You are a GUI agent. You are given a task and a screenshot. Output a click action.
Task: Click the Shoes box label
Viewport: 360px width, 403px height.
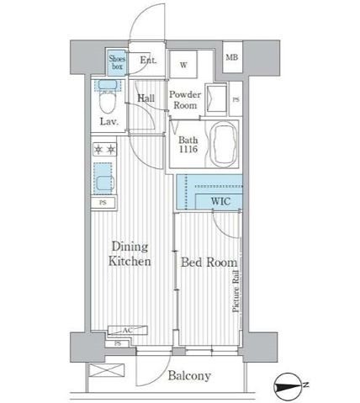point(117,62)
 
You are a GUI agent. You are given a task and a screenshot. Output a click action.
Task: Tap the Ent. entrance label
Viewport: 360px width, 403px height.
point(148,60)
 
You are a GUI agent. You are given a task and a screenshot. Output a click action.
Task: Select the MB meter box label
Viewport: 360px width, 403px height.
point(232,57)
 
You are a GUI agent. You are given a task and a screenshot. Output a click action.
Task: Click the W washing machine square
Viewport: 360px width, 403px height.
point(183,64)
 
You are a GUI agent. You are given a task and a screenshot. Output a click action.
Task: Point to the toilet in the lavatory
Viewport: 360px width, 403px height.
point(108,98)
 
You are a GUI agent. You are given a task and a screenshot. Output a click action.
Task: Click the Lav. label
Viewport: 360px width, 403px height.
point(109,122)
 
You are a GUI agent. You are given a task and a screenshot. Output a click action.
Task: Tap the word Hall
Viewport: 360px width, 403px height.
point(146,98)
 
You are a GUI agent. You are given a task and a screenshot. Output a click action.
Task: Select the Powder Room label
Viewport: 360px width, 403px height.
point(185,100)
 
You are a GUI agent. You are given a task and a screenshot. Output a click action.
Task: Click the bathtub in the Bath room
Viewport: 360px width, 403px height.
point(223,145)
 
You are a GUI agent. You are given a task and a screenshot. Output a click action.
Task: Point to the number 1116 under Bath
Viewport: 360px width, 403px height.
point(188,149)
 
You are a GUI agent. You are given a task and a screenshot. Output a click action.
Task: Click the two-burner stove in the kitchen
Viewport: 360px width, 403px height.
point(104,149)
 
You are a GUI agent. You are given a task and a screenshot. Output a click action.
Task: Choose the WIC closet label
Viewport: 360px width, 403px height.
point(220,201)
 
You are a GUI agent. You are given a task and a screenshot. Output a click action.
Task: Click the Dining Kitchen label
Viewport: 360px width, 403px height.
point(130,254)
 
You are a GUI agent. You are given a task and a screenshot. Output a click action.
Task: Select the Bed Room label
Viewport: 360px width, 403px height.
point(209,262)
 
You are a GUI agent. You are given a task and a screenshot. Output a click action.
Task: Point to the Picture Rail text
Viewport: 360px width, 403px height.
point(236,291)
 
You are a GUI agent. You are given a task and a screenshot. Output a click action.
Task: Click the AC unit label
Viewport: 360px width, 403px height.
point(128,331)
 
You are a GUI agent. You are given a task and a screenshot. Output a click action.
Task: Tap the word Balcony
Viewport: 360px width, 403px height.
point(189,375)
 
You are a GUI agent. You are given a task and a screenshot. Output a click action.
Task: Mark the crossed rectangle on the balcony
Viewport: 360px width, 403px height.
point(106,370)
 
